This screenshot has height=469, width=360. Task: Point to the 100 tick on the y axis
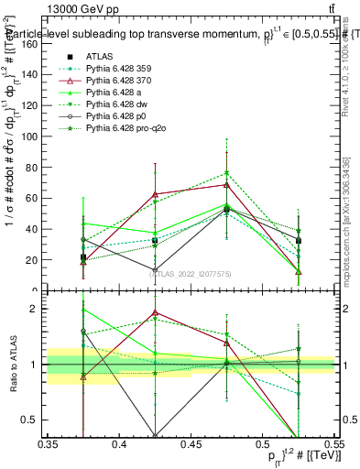[x=47, y=136]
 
